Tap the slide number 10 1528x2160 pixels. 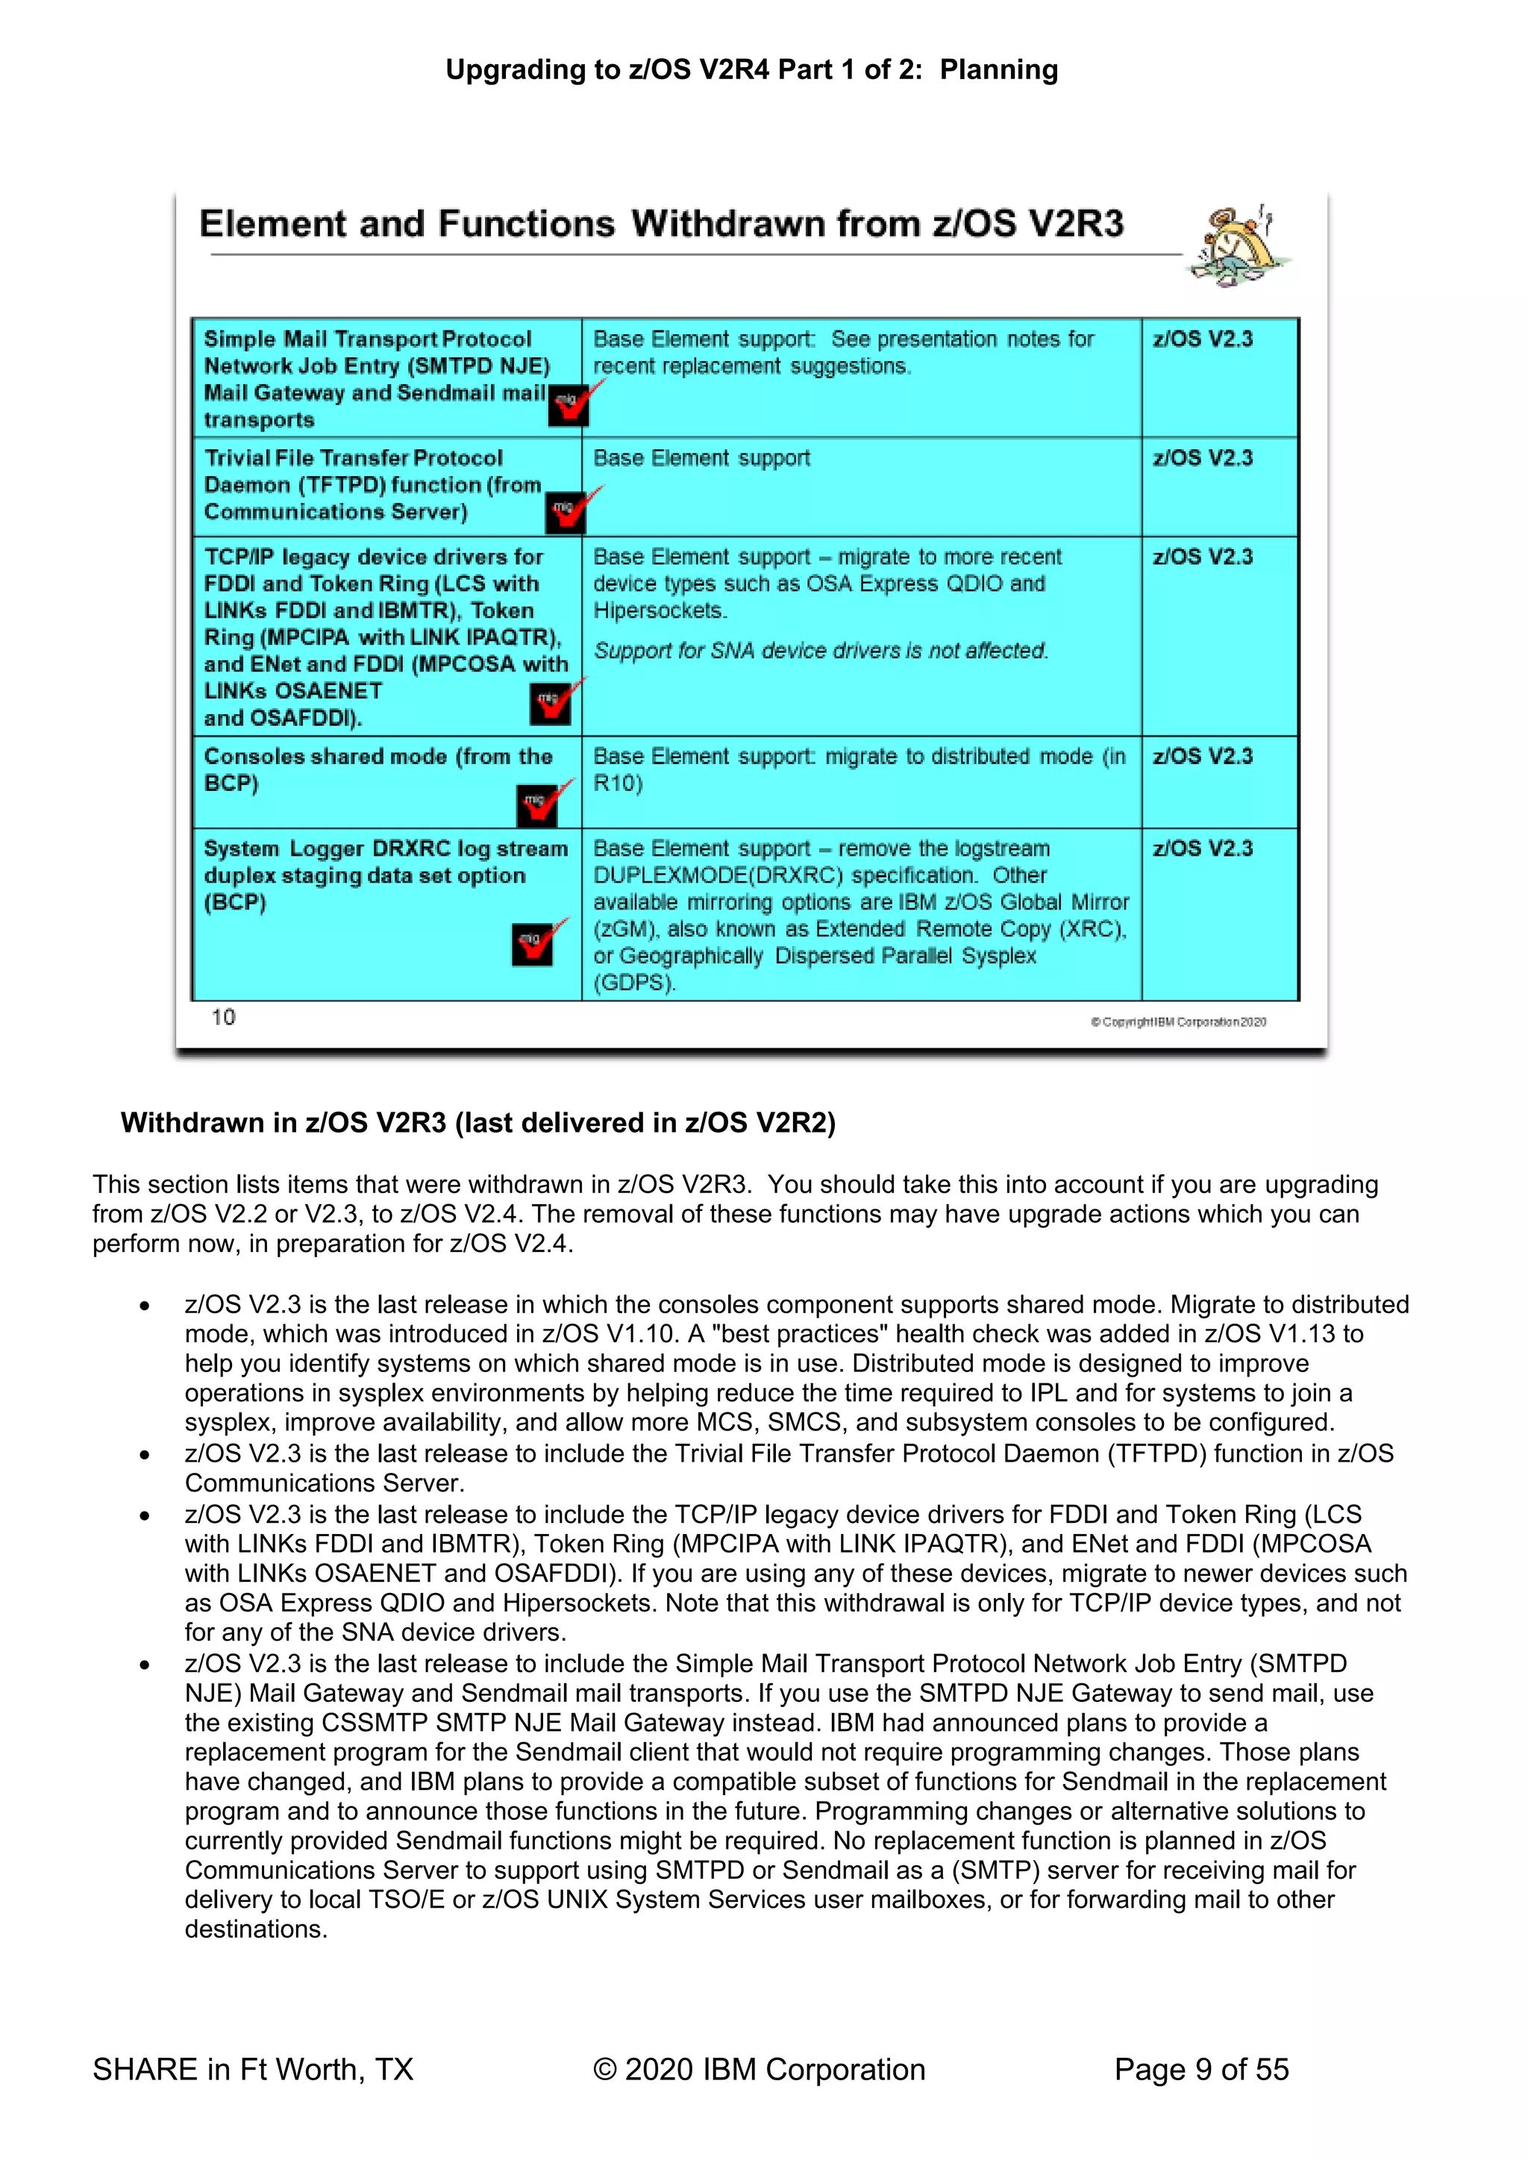pos(223,1017)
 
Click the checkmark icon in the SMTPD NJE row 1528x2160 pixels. pos(571,404)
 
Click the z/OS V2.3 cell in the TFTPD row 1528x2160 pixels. pos(1203,458)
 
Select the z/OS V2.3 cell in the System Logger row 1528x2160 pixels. pos(1203,848)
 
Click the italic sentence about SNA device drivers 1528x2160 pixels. pos(821,651)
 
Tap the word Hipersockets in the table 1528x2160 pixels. pos(660,610)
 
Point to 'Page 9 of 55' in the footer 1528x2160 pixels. pos(1200,2070)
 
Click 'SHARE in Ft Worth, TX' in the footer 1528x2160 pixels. pos(253,2070)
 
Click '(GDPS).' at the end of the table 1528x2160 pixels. pos(634,983)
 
